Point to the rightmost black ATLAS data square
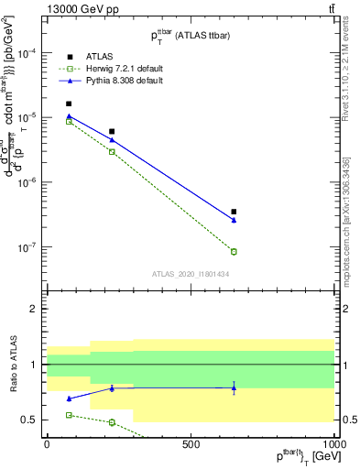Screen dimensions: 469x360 [234, 212]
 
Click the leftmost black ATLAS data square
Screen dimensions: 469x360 [69, 104]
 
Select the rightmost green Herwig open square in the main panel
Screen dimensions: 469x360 [234, 252]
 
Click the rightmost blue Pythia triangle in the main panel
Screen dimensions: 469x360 [234, 220]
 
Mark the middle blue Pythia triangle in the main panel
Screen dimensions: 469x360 [112, 139]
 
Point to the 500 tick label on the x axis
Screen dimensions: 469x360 [191, 443]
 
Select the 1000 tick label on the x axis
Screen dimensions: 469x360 [333, 443]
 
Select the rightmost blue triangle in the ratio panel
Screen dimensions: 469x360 [234, 387]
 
